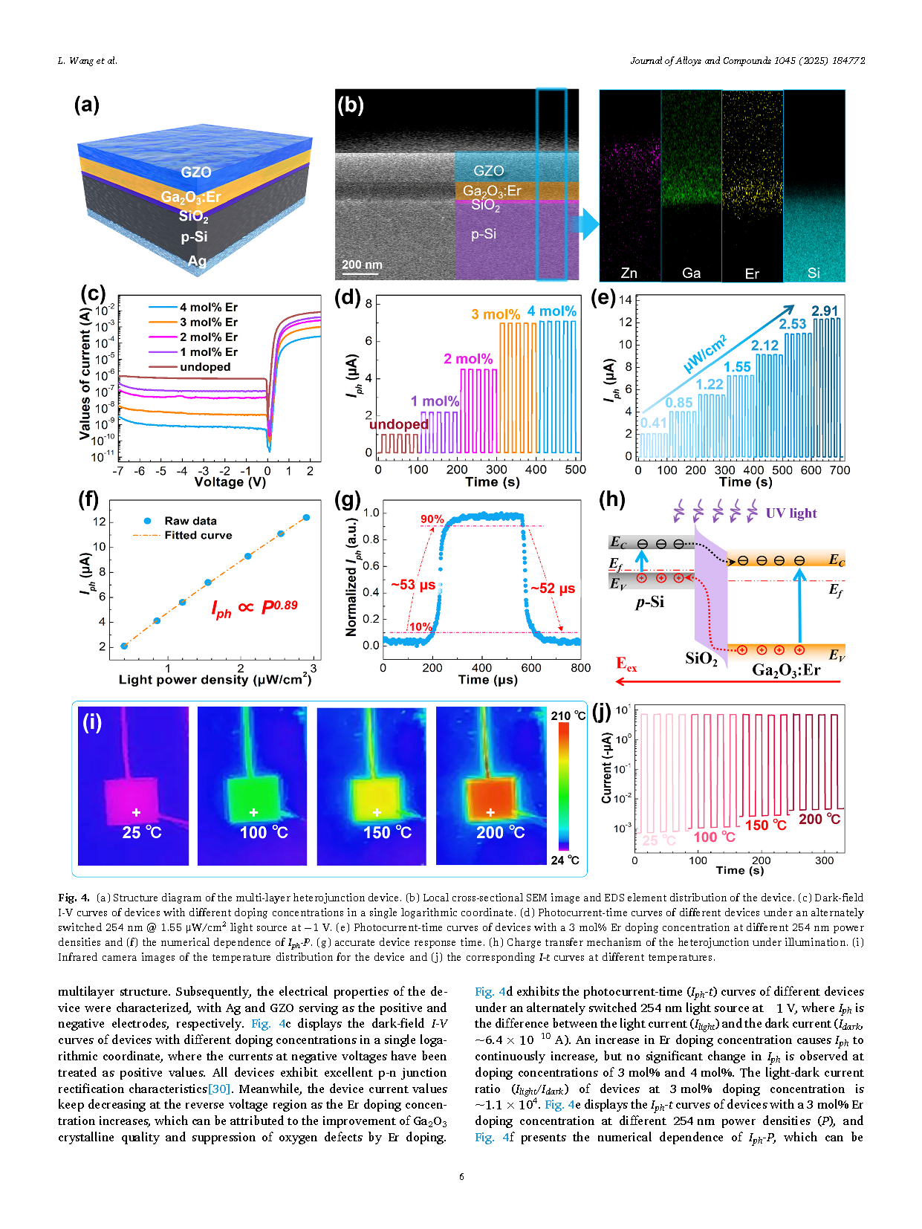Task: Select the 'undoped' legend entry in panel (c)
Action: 204,367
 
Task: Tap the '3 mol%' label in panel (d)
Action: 496,314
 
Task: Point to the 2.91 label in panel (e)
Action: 825,311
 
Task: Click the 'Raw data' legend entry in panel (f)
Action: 190,521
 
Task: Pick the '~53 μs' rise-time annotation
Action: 413,585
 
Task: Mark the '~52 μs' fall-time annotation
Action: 553,588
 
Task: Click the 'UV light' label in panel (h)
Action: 791,513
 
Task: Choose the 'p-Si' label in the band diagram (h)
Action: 649,602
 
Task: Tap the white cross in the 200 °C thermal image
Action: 490,812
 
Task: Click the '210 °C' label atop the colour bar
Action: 568,716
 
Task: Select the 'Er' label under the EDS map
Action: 752,273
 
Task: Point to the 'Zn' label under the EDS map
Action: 629,273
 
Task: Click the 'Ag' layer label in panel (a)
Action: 197,261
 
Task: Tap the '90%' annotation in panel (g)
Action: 432,519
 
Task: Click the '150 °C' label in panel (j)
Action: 765,825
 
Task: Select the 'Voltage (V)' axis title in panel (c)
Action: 230,481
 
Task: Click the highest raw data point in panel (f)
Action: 306,517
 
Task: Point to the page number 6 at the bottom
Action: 461,1176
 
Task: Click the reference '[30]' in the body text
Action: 219,1089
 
